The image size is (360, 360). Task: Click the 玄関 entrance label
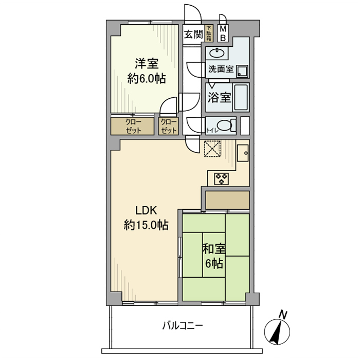(x=193, y=35)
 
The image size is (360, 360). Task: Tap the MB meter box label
(x=224, y=34)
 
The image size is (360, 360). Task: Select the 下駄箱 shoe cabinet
(x=209, y=34)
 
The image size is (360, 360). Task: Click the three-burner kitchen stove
(x=222, y=178)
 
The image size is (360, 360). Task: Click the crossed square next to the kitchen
(x=212, y=148)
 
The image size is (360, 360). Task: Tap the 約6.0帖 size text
(x=147, y=79)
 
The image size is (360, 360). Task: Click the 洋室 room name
(x=147, y=64)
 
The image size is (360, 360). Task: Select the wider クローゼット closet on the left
(x=132, y=126)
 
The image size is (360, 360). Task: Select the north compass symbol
(x=279, y=331)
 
